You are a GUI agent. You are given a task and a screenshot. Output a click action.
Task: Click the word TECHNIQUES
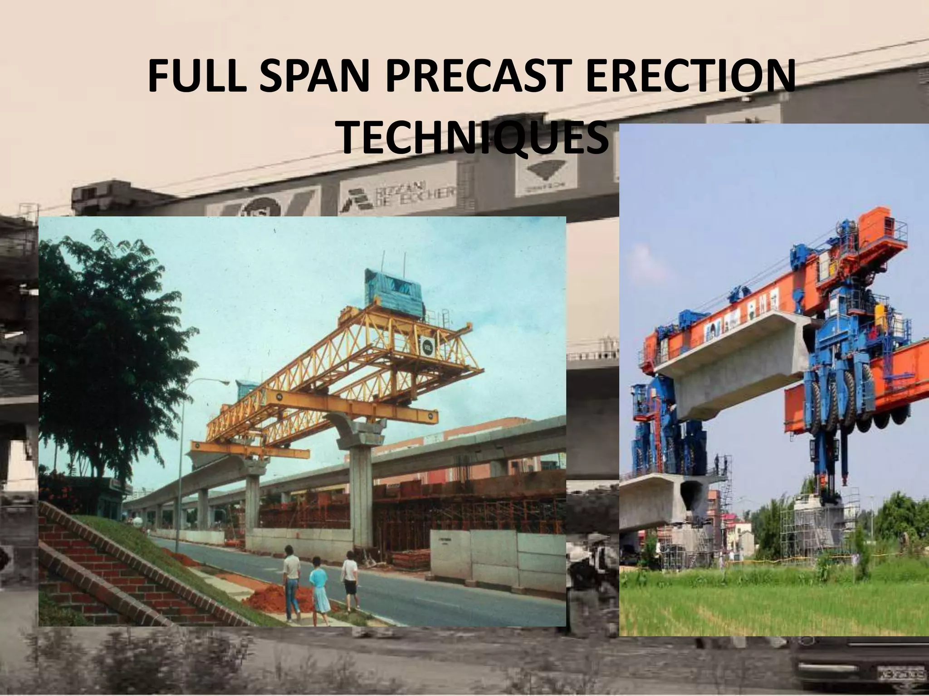coord(474,138)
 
